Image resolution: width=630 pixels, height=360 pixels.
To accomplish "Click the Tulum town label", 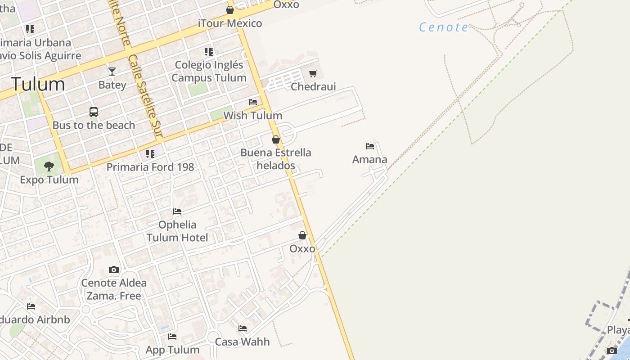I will pos(38,84).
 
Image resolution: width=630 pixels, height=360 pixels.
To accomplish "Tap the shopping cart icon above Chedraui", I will pos(313,73).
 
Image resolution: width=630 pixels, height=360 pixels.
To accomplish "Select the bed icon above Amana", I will pos(370,146).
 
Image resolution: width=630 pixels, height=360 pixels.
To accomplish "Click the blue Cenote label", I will pos(444,27).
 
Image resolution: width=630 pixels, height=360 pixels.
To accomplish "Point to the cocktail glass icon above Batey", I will pos(112,71).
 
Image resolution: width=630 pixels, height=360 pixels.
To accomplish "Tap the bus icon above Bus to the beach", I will pos(94,112).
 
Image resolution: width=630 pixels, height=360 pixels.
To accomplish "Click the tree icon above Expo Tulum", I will pos(49,166).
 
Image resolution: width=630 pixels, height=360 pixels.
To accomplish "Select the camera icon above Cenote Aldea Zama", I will pos(114,270).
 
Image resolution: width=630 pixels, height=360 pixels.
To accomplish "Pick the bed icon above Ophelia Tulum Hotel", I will pos(177,211).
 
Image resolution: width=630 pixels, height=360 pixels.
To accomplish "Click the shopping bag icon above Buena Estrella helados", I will pos(276,139).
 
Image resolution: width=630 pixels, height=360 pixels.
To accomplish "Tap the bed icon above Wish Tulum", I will pos(253,102).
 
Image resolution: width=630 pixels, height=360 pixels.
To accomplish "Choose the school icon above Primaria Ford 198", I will pos(150,154).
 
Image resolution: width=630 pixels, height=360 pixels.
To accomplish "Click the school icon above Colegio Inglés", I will pos(208,52).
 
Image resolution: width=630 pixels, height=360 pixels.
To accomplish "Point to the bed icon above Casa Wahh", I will pos(243,328).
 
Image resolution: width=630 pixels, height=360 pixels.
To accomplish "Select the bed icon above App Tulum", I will pos(172,337).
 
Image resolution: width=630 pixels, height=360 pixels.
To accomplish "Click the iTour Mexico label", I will pos(230,23).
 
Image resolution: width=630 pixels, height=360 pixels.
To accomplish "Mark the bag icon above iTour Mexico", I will pos(230,10).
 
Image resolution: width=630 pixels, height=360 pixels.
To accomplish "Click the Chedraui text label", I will pos(313,86).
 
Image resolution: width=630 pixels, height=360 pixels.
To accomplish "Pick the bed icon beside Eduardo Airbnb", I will pos(31,306).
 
